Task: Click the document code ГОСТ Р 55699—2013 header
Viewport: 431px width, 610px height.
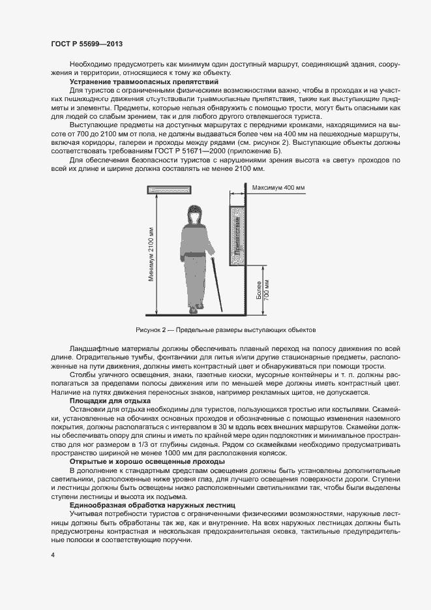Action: click(x=87, y=44)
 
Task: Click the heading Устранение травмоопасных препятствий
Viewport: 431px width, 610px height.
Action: click(x=143, y=82)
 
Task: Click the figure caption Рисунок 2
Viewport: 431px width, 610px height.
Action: click(x=226, y=330)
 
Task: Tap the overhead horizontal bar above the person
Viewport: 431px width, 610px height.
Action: click(x=168, y=190)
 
